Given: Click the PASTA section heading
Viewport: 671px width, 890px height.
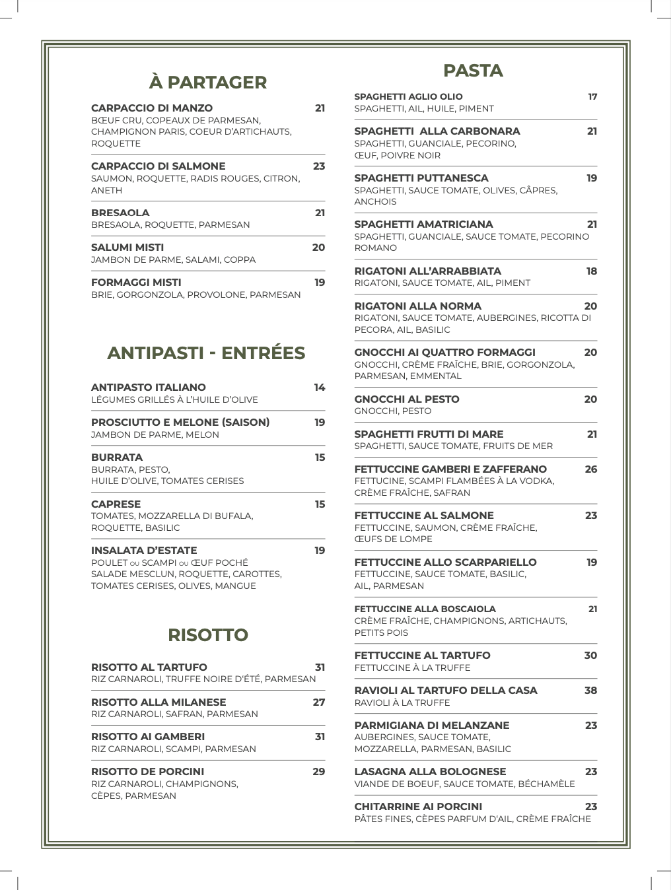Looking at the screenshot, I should click(x=473, y=71).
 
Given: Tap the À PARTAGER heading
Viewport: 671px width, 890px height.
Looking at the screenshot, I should click(x=208, y=83).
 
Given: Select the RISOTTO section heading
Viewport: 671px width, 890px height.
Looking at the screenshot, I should click(x=208, y=635).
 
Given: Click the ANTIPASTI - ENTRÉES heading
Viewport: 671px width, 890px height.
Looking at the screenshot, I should click(x=206, y=353).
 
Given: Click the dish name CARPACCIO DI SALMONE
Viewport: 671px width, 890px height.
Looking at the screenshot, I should click(x=158, y=166).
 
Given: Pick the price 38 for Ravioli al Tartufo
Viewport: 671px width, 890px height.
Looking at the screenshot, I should click(x=590, y=691).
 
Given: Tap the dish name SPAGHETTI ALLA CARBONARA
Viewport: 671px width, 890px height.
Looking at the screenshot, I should click(x=437, y=131).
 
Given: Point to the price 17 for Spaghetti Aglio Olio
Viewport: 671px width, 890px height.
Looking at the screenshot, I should click(x=592, y=97).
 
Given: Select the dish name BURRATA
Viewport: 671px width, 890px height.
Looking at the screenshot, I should click(x=117, y=458).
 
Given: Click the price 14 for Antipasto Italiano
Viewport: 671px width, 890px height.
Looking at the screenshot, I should click(x=320, y=388).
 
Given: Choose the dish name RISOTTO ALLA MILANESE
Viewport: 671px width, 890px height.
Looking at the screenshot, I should click(x=159, y=702).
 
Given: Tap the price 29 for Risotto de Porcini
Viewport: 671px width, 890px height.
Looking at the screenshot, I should click(x=319, y=772).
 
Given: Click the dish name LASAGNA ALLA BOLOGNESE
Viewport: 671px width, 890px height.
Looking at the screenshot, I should click(x=430, y=772).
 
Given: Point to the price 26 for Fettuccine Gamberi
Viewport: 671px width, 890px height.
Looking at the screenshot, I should click(x=590, y=469).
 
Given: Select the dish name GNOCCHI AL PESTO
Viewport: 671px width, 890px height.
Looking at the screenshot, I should click(x=407, y=399).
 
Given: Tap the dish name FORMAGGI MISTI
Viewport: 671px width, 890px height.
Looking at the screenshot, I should click(x=136, y=283).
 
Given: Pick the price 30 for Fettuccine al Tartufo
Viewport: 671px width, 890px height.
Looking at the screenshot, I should click(x=590, y=656).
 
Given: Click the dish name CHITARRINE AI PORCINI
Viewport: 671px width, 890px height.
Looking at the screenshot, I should click(x=418, y=807).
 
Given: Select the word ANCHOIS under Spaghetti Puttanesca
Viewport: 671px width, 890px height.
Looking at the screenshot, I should click(x=375, y=202).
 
